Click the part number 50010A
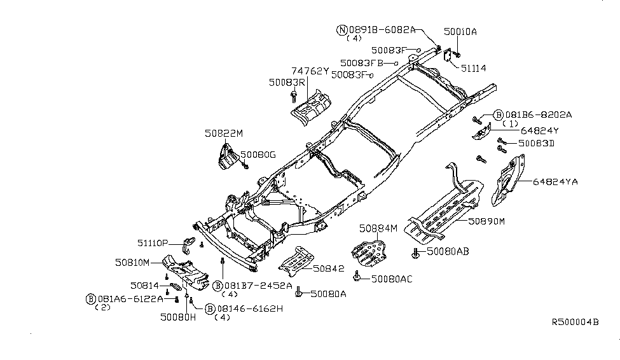pos(460,32)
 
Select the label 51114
pos(474,69)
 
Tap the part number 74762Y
pos(310,71)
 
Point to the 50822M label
pos(224,134)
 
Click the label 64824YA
pos(555,181)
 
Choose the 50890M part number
pos(486,221)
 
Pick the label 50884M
pos(378,228)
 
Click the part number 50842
pos(329,268)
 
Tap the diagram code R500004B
pos(575,322)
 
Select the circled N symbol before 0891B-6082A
pos(341,30)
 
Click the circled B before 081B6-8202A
pos(498,114)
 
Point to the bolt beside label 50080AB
pos(416,253)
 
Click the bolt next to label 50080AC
pos(357,276)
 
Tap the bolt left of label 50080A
pos(298,292)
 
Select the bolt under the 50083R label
pos(294,97)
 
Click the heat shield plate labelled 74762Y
pos(311,108)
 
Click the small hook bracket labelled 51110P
pos(189,245)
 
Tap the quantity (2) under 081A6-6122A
pos(103,307)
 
